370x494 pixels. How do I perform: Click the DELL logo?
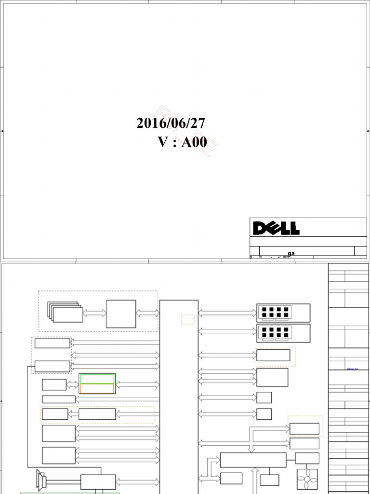[276, 228]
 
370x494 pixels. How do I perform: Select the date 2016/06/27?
[171, 123]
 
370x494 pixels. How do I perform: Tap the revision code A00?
[194, 142]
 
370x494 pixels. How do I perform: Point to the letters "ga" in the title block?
[291, 253]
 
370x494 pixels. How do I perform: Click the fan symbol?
[307, 479]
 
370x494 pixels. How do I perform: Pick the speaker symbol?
[41, 480]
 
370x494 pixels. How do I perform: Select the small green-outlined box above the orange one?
[97, 379]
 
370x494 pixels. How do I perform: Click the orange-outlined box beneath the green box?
[97, 388]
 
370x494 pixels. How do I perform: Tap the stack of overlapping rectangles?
[66, 312]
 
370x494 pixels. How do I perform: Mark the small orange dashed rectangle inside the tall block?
[188, 319]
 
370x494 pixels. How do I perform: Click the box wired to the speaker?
[98, 481]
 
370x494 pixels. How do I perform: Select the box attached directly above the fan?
[307, 458]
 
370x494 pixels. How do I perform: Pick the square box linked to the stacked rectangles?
[121, 314]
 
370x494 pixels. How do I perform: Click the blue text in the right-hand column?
[353, 369]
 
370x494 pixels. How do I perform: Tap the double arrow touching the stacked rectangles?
[94, 313]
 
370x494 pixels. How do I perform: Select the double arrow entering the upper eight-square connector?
[227, 313]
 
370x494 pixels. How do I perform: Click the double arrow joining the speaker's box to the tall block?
[138, 481]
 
